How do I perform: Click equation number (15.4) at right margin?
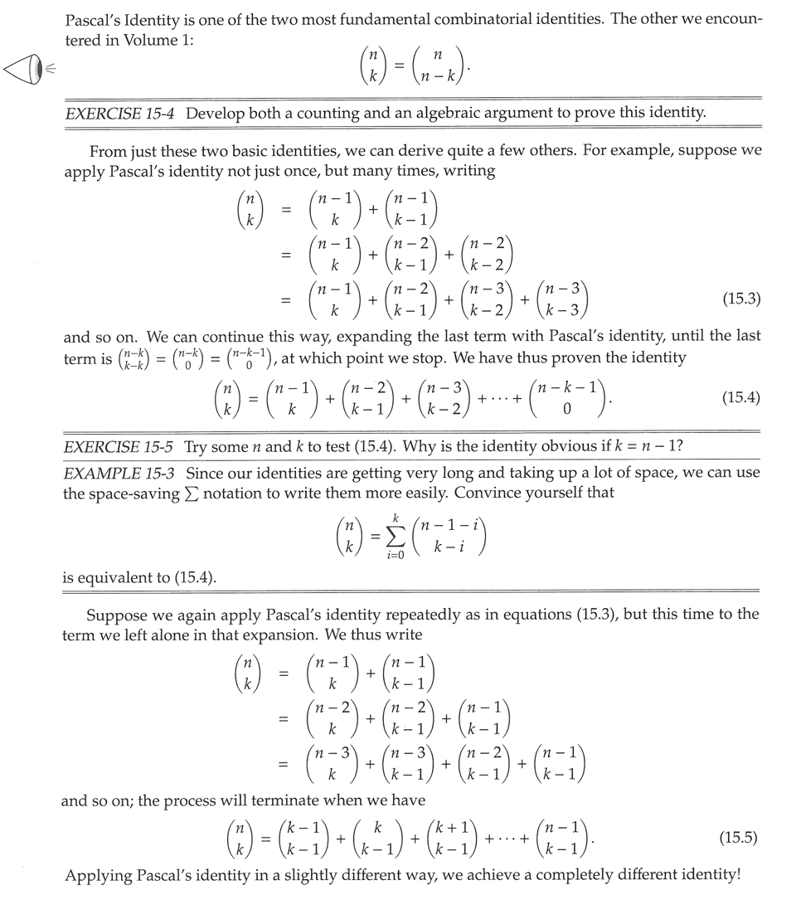(741, 398)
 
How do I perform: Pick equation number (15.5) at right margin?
(741, 838)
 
